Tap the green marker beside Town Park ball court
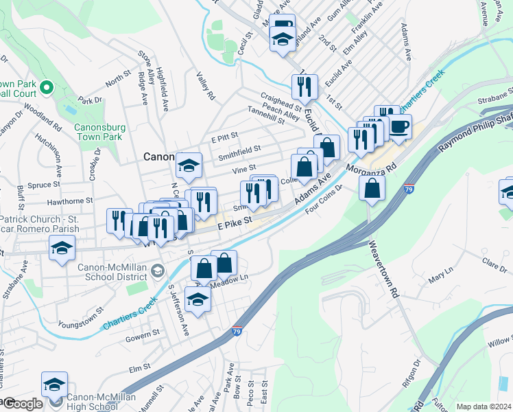(47, 88)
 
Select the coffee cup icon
(400, 126)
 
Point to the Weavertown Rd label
(384, 268)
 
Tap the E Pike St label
(235, 223)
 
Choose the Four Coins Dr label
(323, 198)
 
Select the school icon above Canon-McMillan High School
(54, 385)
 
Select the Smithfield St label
(239, 148)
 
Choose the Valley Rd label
(205, 87)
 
